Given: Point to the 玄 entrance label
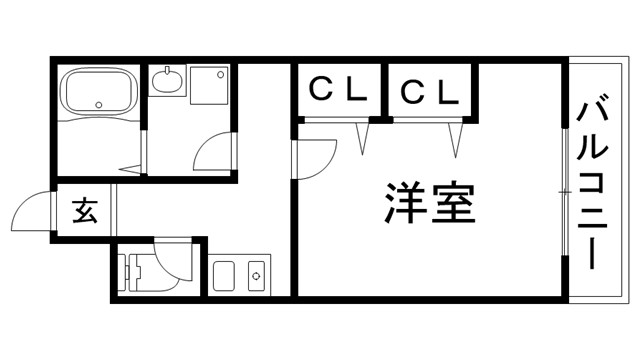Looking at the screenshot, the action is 85,212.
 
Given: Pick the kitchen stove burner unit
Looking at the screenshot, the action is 255,274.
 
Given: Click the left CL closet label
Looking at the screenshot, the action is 336,91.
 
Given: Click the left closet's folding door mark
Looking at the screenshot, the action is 362,135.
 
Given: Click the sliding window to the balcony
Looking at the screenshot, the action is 565,190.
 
